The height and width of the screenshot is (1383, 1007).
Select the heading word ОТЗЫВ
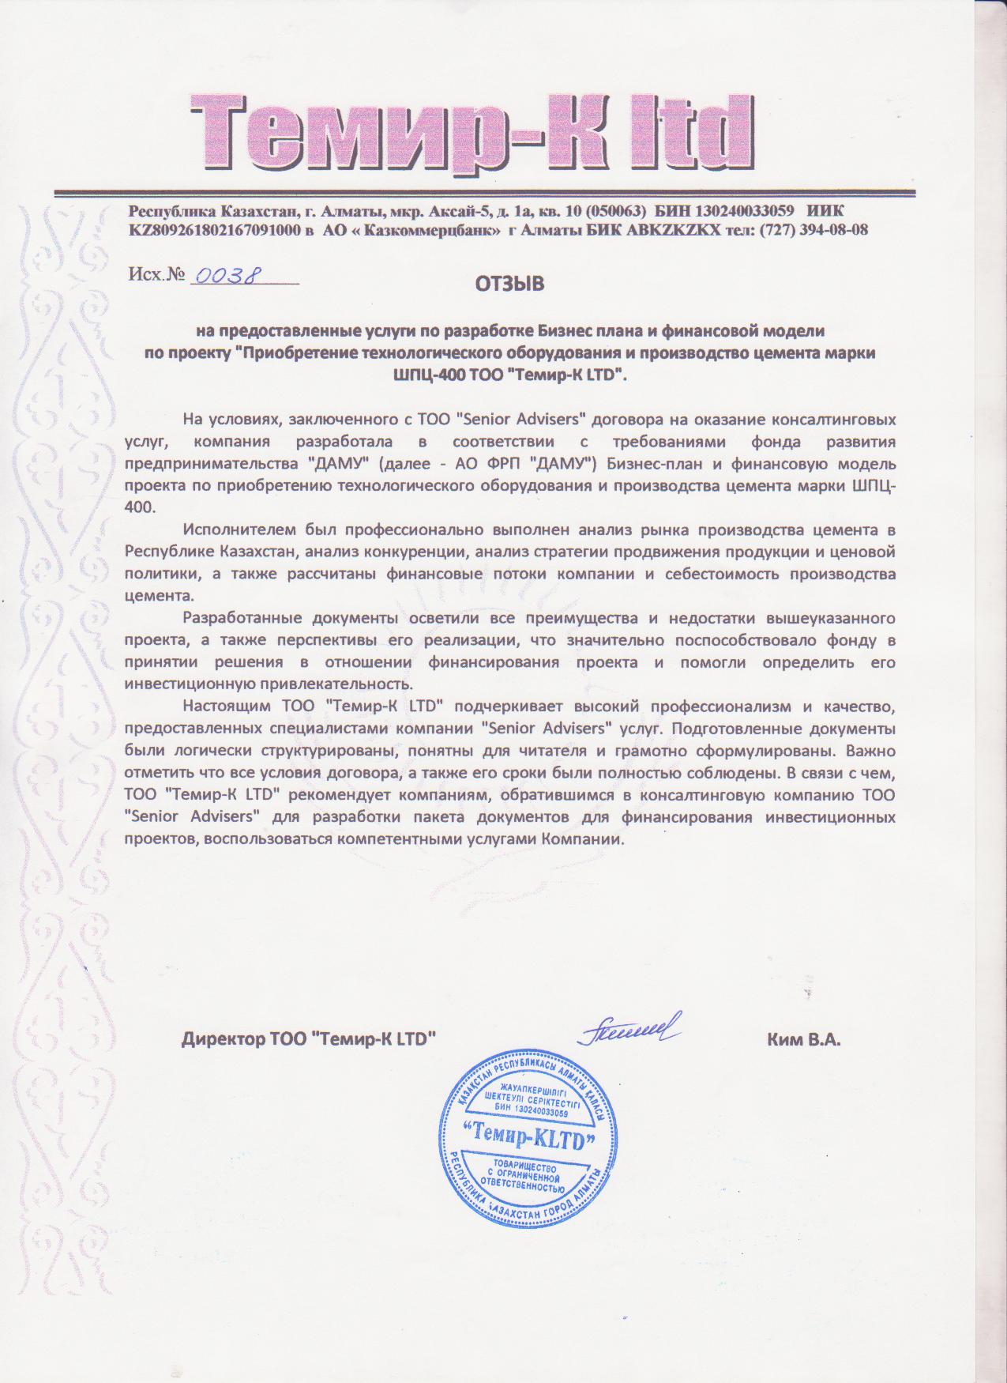point(509,284)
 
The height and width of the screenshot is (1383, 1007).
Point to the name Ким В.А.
point(803,1040)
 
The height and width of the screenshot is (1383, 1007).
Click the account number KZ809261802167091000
point(215,230)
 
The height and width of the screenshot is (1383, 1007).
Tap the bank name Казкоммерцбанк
point(423,230)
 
